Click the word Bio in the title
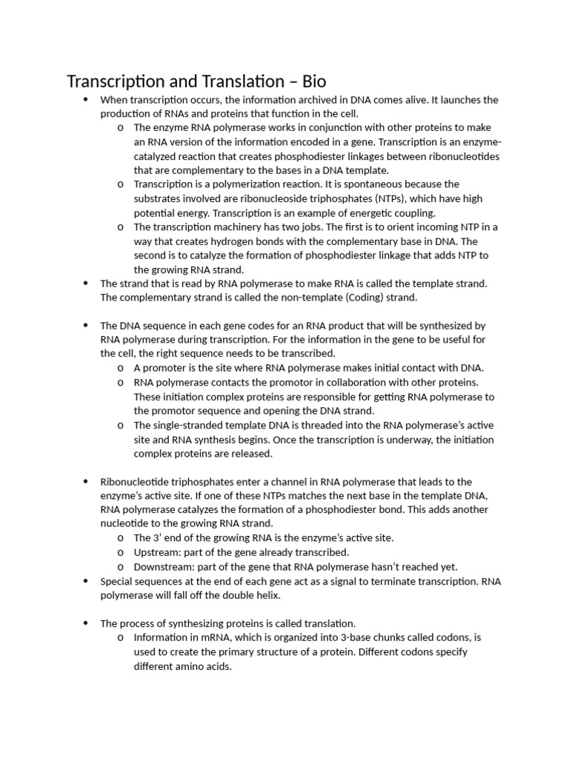[310, 81]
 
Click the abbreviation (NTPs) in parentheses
[396, 198]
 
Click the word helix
[267, 595]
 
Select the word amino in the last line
[195, 666]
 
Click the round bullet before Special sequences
[85, 581]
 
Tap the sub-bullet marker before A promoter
[121, 369]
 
